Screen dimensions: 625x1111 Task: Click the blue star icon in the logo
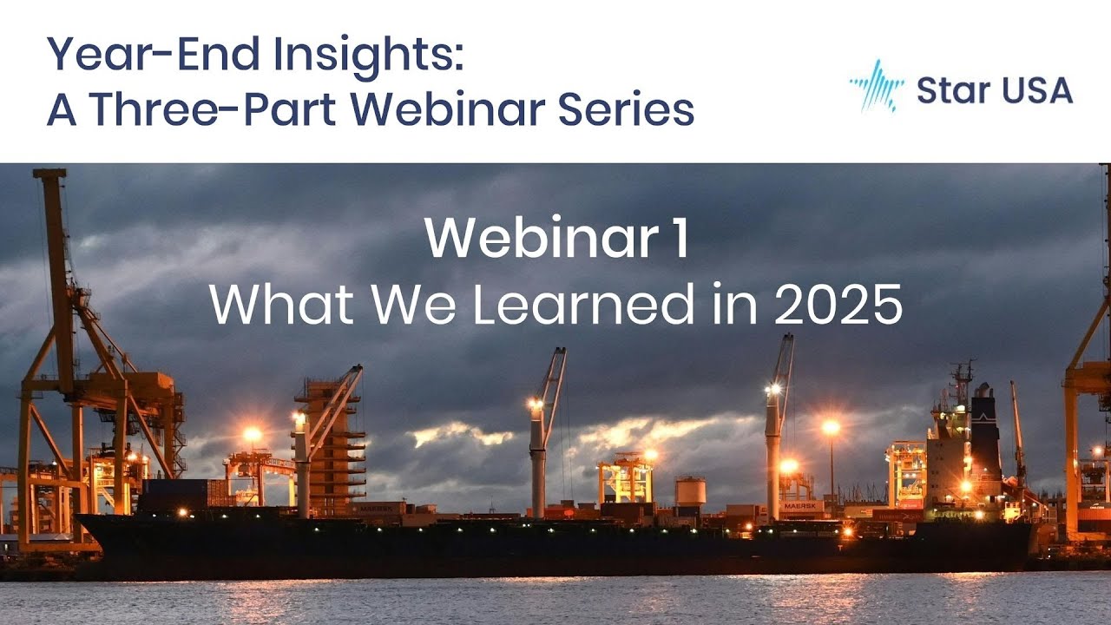(x=877, y=86)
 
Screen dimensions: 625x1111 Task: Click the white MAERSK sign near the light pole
(x=802, y=505)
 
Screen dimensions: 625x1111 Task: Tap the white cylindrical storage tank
(x=690, y=492)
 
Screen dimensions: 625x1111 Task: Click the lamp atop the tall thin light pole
(x=831, y=427)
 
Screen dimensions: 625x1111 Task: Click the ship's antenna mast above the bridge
(x=961, y=382)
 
